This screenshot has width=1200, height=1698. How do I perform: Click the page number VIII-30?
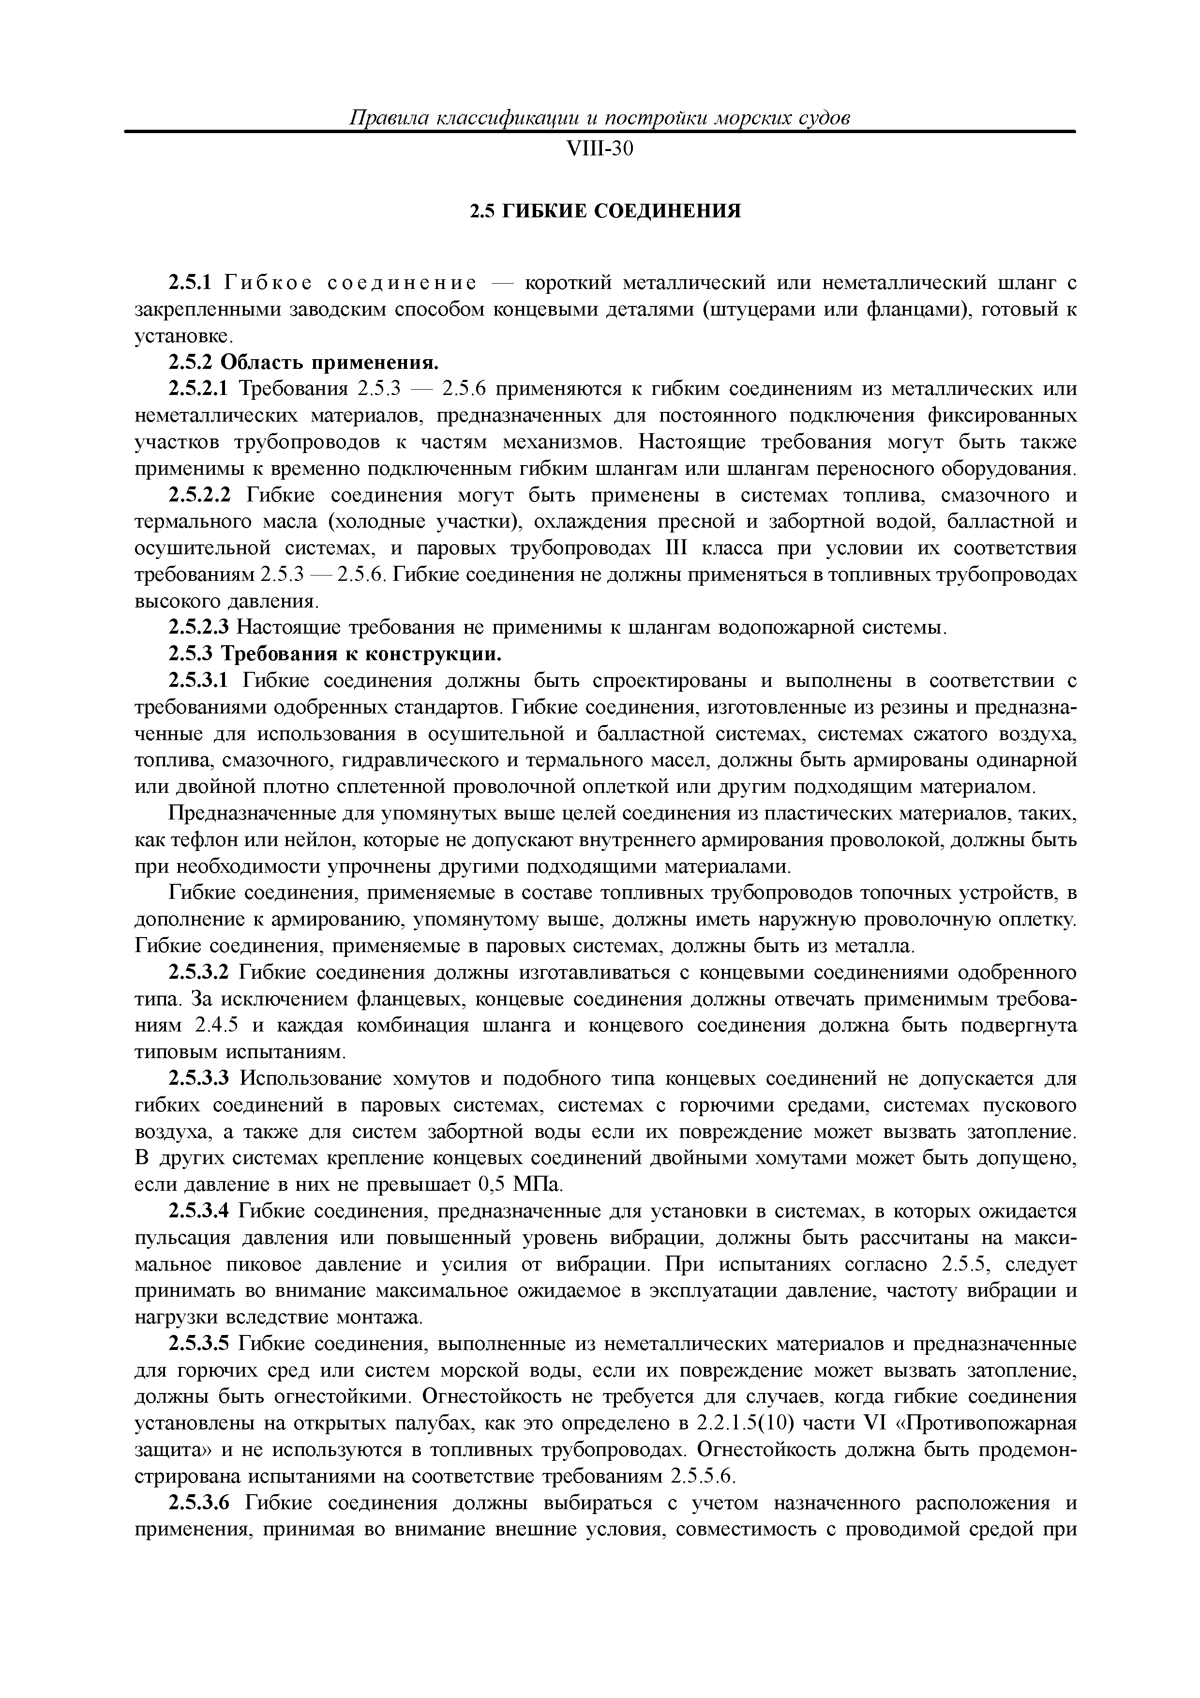tap(600, 150)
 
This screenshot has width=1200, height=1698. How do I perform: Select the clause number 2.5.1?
tap(190, 283)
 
